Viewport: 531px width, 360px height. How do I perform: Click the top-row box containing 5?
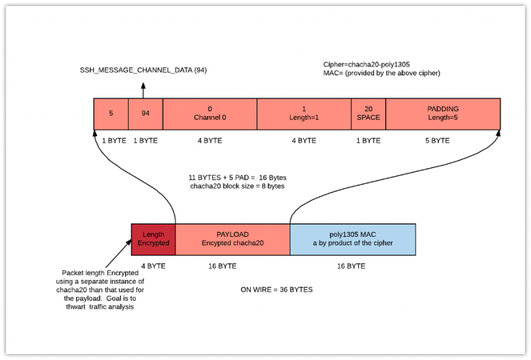111,113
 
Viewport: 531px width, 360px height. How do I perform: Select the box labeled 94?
145,113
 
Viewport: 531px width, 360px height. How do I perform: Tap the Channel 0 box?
209,113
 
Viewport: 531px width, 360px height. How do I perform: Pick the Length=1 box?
304,113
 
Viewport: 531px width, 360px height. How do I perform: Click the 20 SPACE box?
369,113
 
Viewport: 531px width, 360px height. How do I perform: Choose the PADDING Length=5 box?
442,113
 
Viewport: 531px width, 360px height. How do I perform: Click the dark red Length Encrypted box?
153,239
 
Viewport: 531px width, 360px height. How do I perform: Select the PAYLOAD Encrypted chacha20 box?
232,239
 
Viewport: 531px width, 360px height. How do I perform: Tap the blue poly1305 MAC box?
353,239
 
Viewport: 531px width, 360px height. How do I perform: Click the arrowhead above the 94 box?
144,86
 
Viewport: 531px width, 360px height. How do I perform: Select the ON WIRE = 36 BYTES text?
276,289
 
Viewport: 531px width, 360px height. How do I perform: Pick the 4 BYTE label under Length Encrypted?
153,265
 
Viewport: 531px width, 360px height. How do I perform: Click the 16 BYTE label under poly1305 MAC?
351,265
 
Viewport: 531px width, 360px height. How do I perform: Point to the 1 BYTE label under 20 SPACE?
368,140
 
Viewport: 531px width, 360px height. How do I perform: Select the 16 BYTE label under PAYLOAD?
223,265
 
